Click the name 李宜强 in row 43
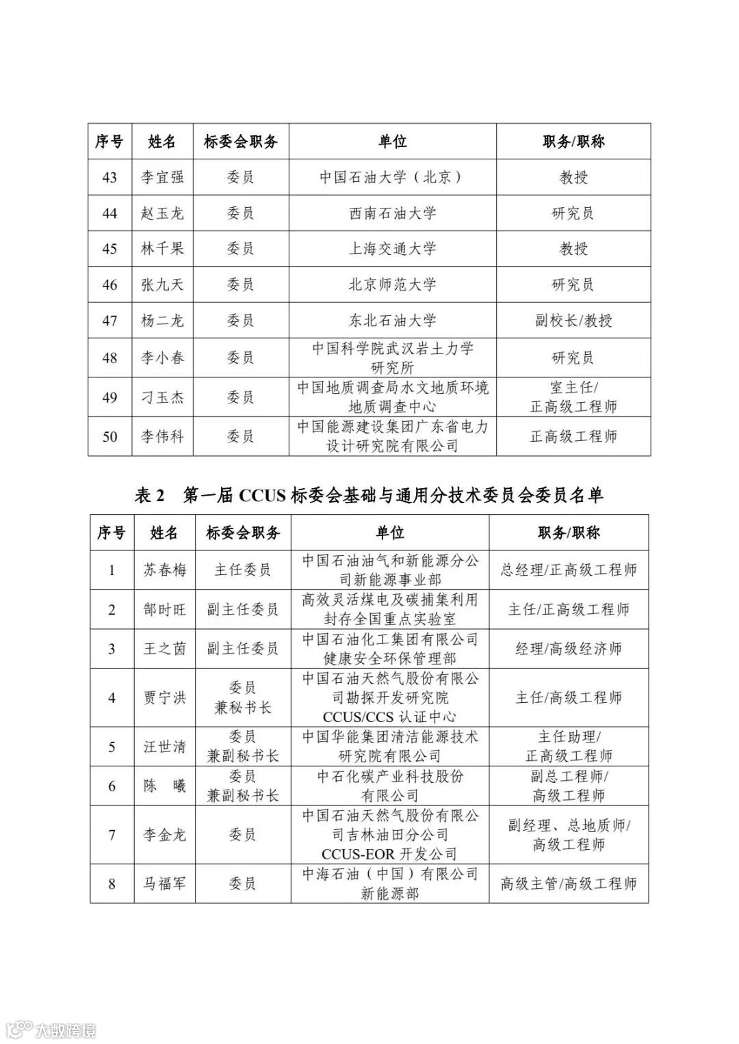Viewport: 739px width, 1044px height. coord(162,178)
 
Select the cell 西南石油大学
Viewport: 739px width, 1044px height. coord(392,213)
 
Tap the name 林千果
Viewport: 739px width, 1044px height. coord(162,249)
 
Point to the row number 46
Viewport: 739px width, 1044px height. coord(109,284)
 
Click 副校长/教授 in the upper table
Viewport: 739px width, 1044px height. coord(573,320)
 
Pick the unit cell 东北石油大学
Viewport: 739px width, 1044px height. coord(392,320)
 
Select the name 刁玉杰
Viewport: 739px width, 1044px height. coord(162,397)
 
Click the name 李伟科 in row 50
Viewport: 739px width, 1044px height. coord(162,436)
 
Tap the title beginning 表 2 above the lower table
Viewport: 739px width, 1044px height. coord(369,495)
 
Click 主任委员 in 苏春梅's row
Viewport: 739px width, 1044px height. coord(242,570)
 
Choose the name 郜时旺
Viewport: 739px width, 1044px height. coord(164,609)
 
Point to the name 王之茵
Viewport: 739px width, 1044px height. coord(164,648)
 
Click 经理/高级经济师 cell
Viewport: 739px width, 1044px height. coord(569,648)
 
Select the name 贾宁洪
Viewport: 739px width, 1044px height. coord(164,698)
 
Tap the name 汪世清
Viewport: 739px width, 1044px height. coord(164,747)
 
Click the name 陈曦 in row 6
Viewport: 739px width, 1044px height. coord(164,786)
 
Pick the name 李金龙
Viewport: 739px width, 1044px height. coord(164,835)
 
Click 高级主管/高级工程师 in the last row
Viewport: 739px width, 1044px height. coord(569,883)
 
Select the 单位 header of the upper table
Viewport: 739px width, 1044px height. coord(392,142)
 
